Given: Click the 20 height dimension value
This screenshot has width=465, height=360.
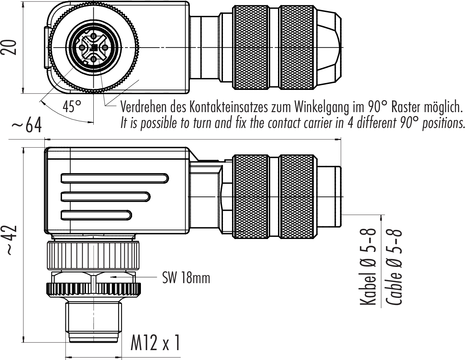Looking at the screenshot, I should click(x=11, y=47).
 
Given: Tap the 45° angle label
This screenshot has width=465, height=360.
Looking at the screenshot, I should click(x=72, y=106).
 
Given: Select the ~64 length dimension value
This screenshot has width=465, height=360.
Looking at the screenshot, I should click(x=27, y=126).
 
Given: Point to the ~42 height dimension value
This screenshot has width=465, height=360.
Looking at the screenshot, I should click(x=11, y=240).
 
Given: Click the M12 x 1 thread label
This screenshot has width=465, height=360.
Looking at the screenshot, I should click(x=155, y=343).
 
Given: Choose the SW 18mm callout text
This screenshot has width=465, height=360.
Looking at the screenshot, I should click(x=186, y=278).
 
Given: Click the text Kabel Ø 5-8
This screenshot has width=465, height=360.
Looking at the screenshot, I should click(x=368, y=267).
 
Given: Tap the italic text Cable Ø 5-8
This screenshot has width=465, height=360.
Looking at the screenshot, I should click(x=394, y=267).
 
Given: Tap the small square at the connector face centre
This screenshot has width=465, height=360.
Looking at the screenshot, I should click(x=94, y=48).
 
